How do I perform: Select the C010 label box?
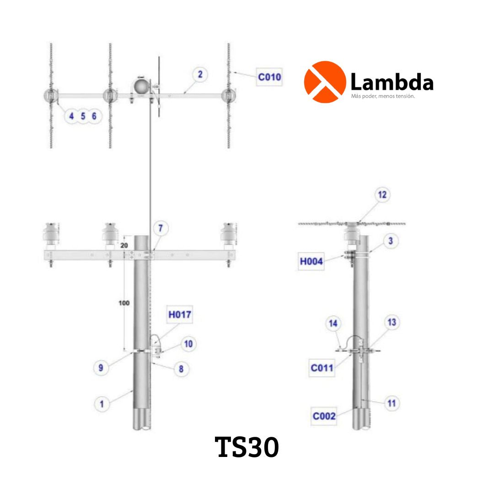[269, 77]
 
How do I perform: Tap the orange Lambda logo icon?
[324, 82]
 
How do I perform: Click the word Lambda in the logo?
[392, 83]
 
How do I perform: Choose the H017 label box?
[179, 315]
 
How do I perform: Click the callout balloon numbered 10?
[188, 344]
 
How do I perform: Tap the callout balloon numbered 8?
[181, 369]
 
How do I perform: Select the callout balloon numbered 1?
[102, 403]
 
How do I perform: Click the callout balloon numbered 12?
[382, 195]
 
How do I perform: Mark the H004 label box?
[311, 262]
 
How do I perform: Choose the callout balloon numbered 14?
[333, 324]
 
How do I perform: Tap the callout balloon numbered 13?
[391, 322]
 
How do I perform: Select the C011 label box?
[322, 367]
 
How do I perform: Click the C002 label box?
[324, 416]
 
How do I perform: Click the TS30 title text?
[247, 447]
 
